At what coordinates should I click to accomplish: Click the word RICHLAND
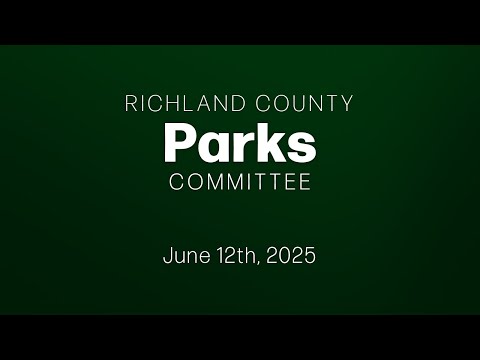(x=185, y=103)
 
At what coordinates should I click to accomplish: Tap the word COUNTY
(x=304, y=103)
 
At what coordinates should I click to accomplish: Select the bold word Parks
(x=240, y=142)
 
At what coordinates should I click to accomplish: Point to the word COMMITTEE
(x=240, y=182)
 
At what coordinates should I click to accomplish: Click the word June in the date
(x=186, y=256)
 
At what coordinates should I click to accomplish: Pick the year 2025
(x=291, y=256)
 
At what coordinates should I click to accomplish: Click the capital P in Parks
(x=180, y=142)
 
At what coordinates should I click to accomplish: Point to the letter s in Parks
(x=301, y=147)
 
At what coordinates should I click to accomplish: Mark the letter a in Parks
(x=213, y=147)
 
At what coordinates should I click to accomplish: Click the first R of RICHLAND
(x=131, y=103)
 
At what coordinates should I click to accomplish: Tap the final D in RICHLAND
(x=238, y=103)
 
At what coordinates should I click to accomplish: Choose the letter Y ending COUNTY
(x=347, y=103)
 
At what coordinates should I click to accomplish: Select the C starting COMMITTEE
(x=177, y=182)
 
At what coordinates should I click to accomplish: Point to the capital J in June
(x=168, y=256)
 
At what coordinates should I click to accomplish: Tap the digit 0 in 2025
(x=284, y=256)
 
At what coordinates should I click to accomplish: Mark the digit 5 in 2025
(x=309, y=256)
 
